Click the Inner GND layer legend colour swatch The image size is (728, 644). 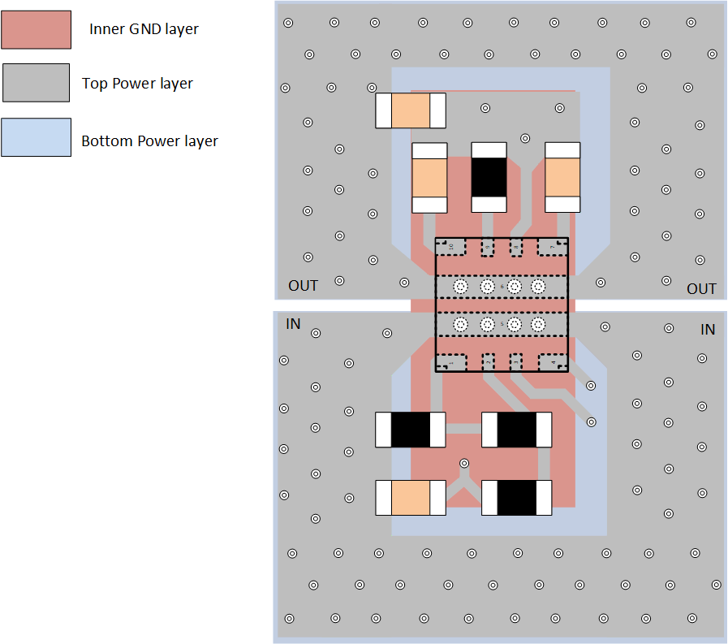[37, 29]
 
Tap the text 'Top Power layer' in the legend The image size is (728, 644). [137, 83]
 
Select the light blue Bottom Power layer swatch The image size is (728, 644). [37, 137]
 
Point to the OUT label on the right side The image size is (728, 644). [701, 289]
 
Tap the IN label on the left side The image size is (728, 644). [293, 324]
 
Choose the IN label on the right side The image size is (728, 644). [708, 330]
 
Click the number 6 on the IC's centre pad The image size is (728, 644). [501, 287]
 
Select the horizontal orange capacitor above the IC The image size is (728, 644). [411, 110]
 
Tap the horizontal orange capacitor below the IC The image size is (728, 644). [411, 498]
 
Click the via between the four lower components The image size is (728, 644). [463, 463]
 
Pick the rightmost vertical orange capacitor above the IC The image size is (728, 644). [562, 178]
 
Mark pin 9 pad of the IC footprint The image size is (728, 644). [487, 246]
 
